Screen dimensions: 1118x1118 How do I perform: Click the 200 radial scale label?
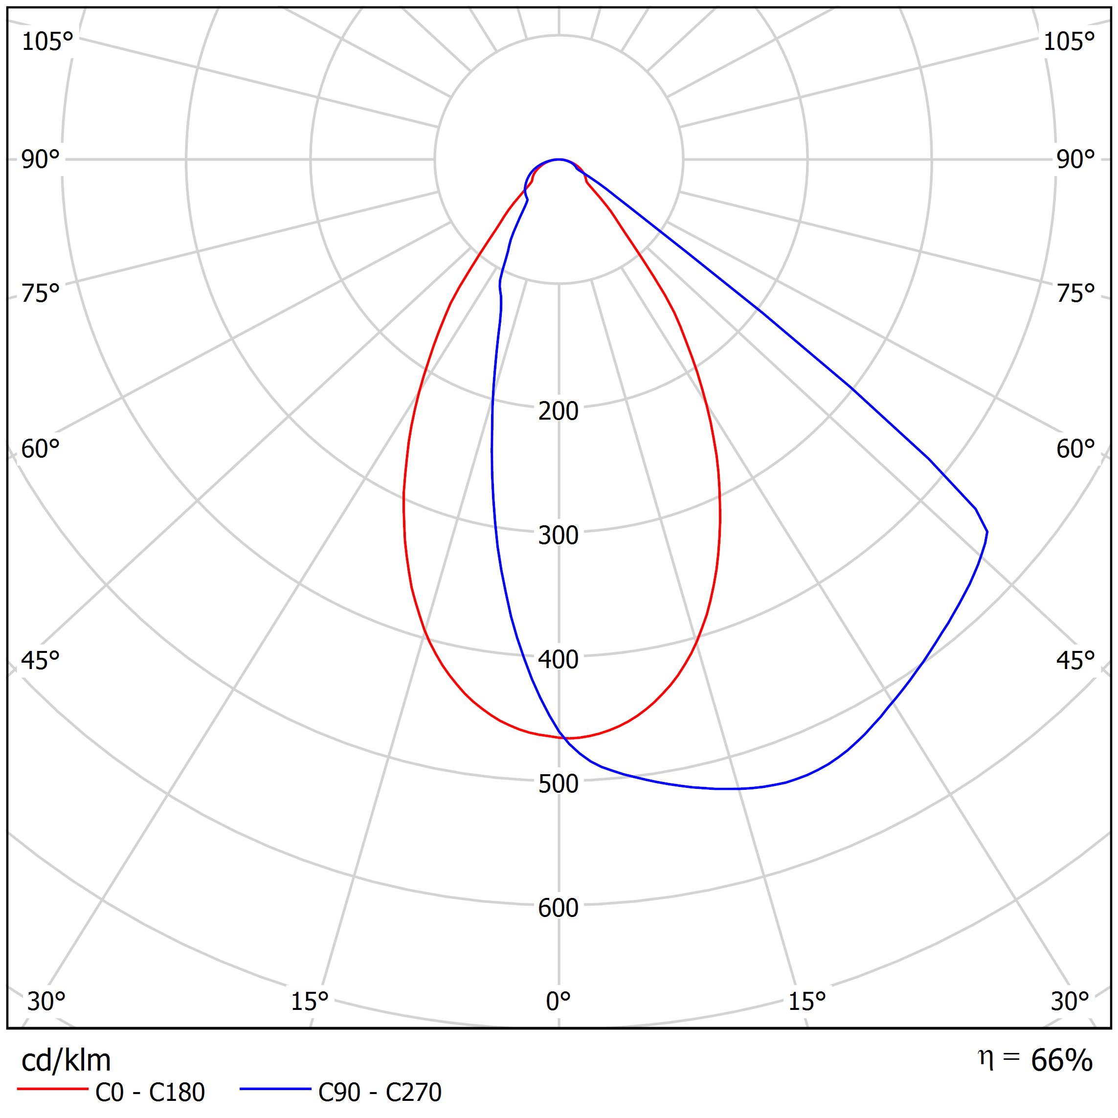(558, 411)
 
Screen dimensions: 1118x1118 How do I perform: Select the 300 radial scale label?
(558, 536)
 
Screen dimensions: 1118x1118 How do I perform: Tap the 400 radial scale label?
(558, 660)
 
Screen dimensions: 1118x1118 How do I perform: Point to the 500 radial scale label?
(558, 784)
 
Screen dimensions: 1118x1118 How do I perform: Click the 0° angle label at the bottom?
(558, 1001)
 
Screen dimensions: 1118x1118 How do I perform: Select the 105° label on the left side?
(47, 42)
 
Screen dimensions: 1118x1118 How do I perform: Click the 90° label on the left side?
(41, 160)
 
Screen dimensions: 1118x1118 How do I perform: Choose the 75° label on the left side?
(41, 294)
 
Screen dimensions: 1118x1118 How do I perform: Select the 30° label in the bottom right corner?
(1070, 1001)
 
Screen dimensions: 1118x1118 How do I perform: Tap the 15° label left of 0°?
(310, 1001)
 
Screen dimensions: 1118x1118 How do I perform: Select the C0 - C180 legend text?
(150, 1093)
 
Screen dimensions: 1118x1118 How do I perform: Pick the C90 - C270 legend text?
(380, 1093)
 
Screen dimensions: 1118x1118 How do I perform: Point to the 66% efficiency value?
(1061, 1061)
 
